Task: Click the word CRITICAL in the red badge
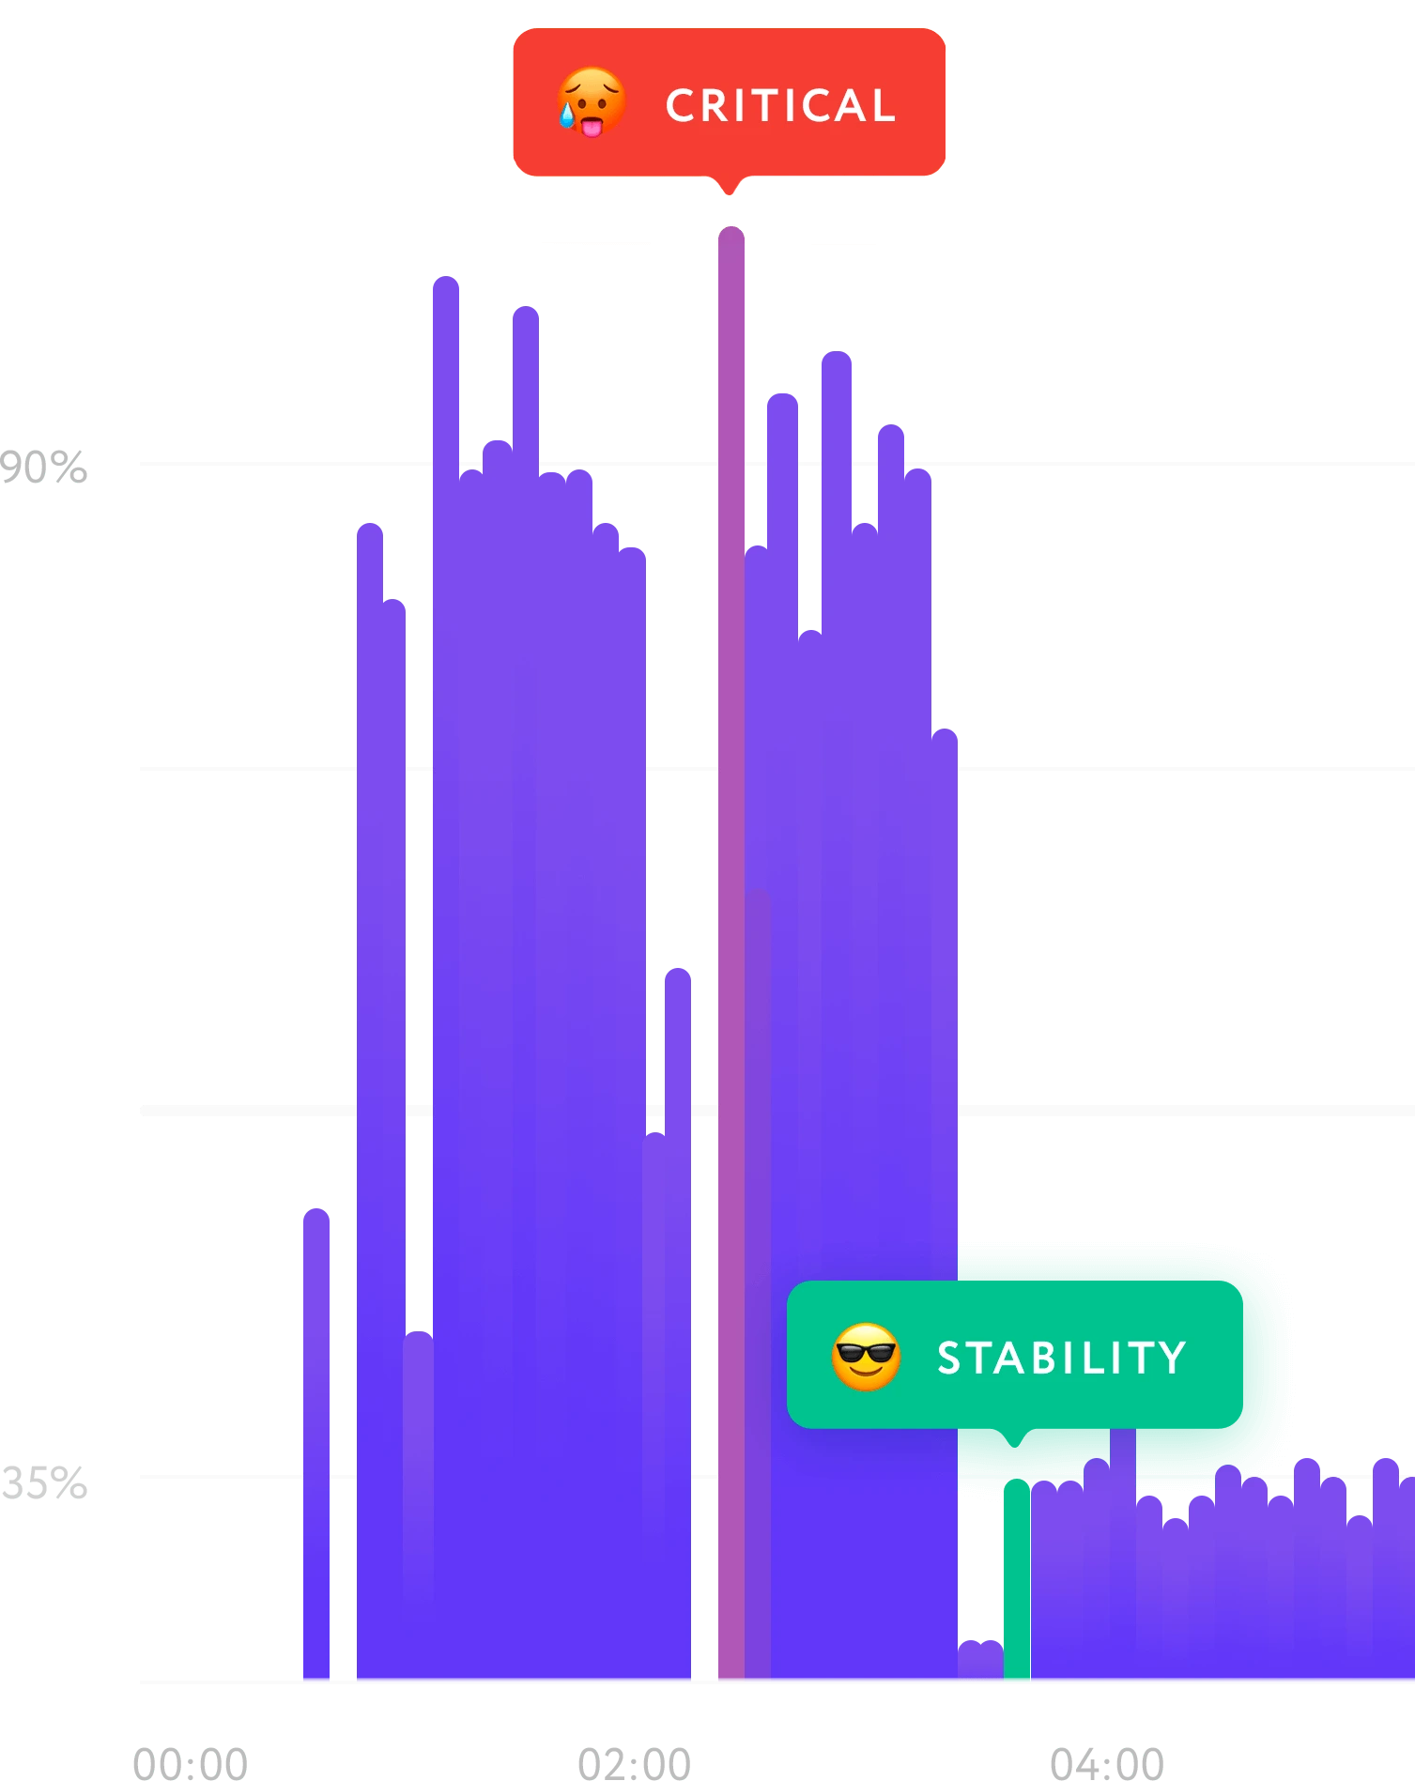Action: click(780, 105)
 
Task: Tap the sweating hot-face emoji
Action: click(591, 102)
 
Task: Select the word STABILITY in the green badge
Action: click(1062, 1358)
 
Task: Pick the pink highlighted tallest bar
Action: click(730, 939)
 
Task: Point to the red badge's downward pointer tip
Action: click(729, 193)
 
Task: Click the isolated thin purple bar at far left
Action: click(315, 1446)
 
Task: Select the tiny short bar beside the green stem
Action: click(980, 1659)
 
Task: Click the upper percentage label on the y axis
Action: click(44, 467)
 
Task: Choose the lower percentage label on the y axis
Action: click(44, 1484)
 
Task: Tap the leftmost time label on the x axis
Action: click(188, 1761)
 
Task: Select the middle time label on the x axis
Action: click(635, 1761)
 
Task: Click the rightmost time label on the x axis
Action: click(1104, 1761)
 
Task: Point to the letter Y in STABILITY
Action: click(1173, 1358)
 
